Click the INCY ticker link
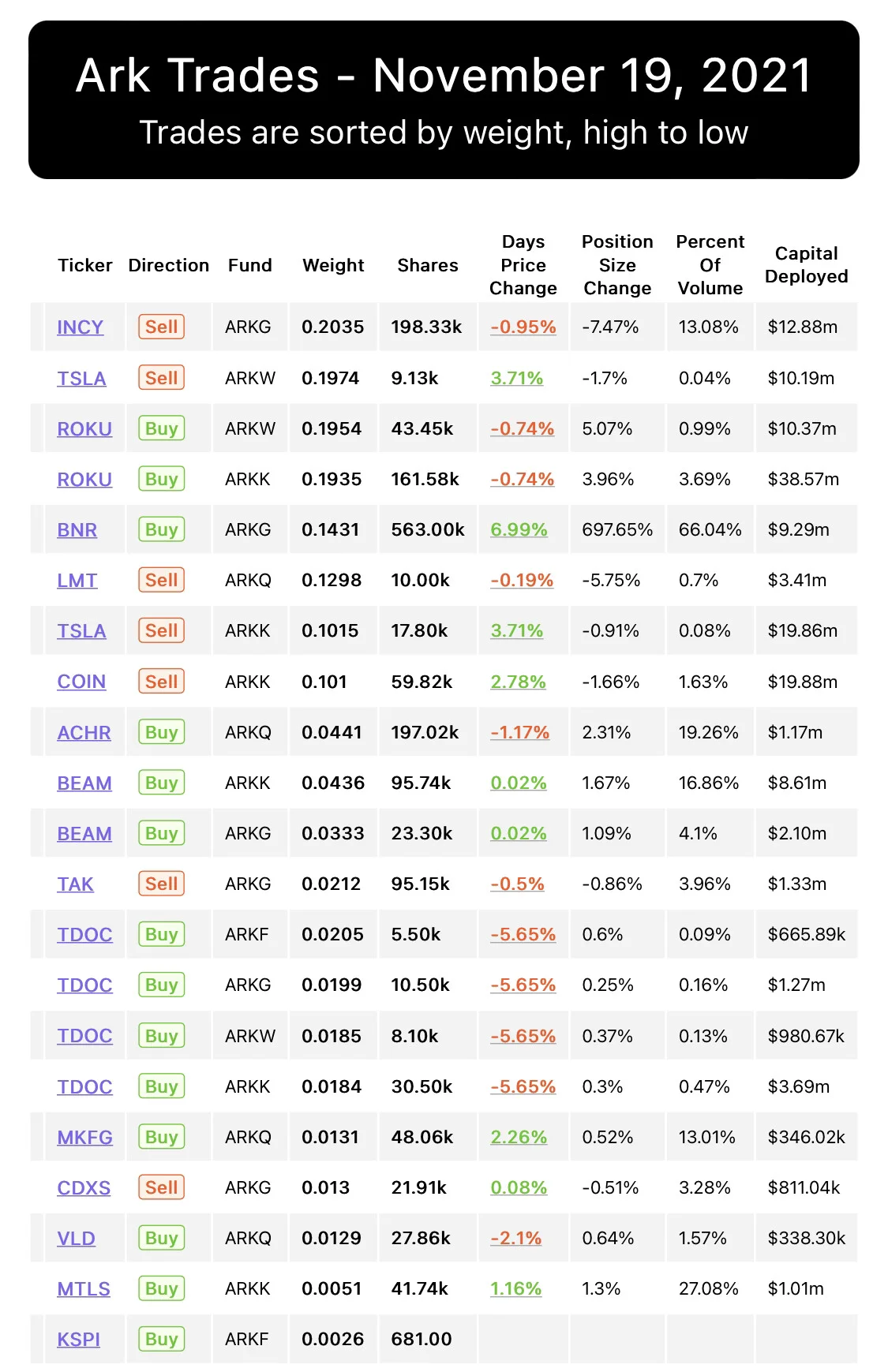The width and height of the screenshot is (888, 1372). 80,327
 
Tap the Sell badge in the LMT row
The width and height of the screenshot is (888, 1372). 161,580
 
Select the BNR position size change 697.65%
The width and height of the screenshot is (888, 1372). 617,529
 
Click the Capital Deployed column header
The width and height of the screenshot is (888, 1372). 806,264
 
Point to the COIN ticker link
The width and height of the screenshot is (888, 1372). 81,682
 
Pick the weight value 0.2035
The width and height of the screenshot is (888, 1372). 332,327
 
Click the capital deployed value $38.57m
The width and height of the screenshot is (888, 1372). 803,479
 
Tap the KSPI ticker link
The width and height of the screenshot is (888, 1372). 78,1339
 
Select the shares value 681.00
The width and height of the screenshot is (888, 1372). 422,1339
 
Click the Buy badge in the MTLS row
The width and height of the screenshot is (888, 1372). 161,1288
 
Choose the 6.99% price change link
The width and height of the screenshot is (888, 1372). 519,529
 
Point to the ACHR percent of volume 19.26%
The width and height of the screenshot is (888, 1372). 708,732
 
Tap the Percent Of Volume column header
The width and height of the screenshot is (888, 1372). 710,264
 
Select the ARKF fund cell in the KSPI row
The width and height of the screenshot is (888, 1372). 246,1339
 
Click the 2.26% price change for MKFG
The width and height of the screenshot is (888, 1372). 519,1137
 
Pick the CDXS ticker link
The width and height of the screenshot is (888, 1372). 84,1187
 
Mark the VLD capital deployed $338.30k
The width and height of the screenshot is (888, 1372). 806,1238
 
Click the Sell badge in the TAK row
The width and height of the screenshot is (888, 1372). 161,884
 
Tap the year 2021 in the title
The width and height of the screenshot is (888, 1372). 756,76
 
